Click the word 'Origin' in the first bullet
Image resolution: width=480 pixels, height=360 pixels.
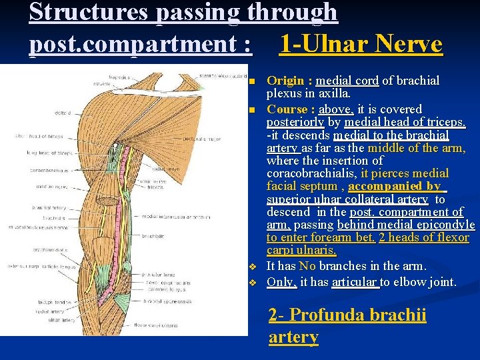tap(285, 81)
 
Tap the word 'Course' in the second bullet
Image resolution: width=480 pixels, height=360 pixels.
tap(286, 109)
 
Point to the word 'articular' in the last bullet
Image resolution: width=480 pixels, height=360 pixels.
tap(355, 281)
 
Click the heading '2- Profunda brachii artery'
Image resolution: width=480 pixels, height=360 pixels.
tap(347, 325)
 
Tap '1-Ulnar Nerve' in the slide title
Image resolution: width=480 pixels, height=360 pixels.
tap(361, 44)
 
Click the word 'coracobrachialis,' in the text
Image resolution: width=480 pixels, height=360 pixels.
tap(312, 173)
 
